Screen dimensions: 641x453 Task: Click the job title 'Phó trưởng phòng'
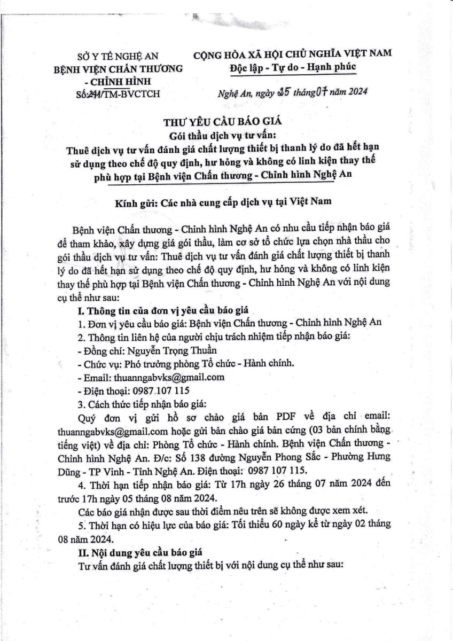tap(157, 363)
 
